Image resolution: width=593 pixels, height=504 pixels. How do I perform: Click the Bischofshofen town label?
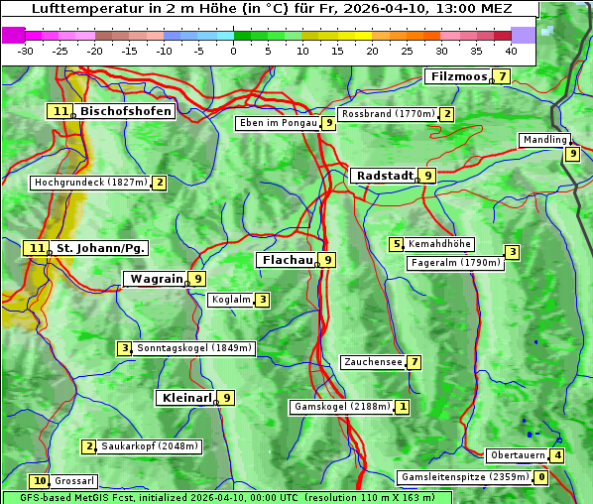(126, 112)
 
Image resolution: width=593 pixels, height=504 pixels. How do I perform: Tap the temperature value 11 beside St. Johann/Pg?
(37, 247)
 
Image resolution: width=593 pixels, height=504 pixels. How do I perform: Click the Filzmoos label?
(459, 76)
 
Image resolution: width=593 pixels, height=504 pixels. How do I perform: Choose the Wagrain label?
(157, 280)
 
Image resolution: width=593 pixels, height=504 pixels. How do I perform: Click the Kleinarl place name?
(186, 398)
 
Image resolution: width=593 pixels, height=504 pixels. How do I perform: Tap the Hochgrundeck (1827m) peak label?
(90, 183)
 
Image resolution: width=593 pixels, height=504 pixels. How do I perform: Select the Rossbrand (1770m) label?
(388, 114)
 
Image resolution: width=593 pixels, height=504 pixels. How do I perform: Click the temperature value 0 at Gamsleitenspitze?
(540, 477)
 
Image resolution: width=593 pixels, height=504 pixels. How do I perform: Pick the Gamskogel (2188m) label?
(342, 407)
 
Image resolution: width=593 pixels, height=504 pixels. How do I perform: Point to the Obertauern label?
(518, 455)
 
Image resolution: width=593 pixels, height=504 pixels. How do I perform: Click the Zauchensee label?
(373, 362)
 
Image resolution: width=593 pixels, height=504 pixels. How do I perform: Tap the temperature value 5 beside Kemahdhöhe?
(397, 244)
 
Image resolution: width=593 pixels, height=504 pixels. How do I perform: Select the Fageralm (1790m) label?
(455, 263)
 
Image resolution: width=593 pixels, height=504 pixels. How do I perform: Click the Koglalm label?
(230, 300)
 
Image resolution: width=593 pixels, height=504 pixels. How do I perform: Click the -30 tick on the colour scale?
(26, 51)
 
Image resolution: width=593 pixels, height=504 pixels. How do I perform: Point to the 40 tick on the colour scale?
(511, 51)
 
